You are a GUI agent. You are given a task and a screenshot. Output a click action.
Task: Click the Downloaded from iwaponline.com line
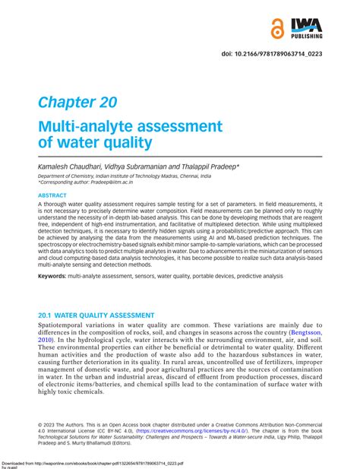(x=106, y=461)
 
